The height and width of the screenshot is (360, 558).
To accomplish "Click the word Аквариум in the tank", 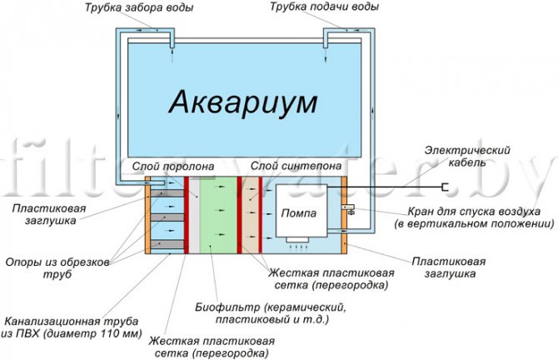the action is [243, 102].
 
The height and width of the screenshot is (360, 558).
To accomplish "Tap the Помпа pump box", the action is [301, 211].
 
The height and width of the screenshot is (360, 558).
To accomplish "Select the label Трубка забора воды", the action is [139, 7].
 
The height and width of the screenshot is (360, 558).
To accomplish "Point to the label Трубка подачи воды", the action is [324, 7].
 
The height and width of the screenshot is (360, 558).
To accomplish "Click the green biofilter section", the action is [218, 215].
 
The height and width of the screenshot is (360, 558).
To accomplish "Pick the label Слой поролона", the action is [173, 167].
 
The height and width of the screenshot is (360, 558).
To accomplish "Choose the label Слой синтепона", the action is [296, 166].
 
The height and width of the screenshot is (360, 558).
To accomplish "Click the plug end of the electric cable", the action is [445, 187].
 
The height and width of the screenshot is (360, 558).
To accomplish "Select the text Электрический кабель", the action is [467, 156].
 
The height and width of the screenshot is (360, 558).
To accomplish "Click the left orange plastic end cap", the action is [147, 215].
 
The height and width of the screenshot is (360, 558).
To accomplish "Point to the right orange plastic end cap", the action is [344, 215].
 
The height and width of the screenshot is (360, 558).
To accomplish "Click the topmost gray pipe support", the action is [167, 193].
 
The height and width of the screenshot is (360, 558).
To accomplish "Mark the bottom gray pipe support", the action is [167, 244].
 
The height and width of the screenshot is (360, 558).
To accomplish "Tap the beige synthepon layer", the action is [250, 215].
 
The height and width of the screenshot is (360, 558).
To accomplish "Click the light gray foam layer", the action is [194, 215].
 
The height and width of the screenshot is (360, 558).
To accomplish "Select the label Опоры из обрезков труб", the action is [57, 268].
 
